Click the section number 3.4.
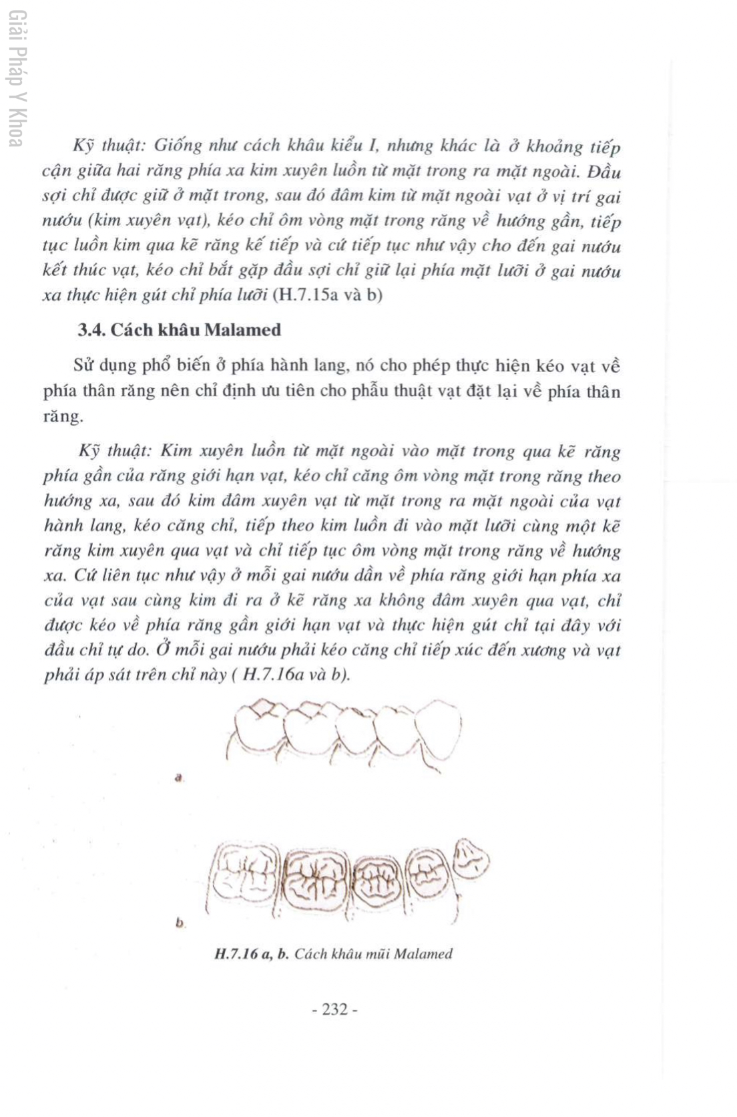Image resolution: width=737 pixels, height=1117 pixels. tap(92, 330)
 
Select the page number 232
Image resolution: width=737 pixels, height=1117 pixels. tap(335, 1009)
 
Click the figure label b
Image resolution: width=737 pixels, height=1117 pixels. tap(180, 923)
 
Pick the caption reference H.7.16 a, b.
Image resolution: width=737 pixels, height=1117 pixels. tap(252, 954)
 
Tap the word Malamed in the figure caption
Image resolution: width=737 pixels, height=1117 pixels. tap(423, 954)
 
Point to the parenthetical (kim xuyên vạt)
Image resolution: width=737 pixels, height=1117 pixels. tap(141, 220)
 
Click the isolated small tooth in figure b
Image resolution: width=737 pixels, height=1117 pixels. tap(471, 858)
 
